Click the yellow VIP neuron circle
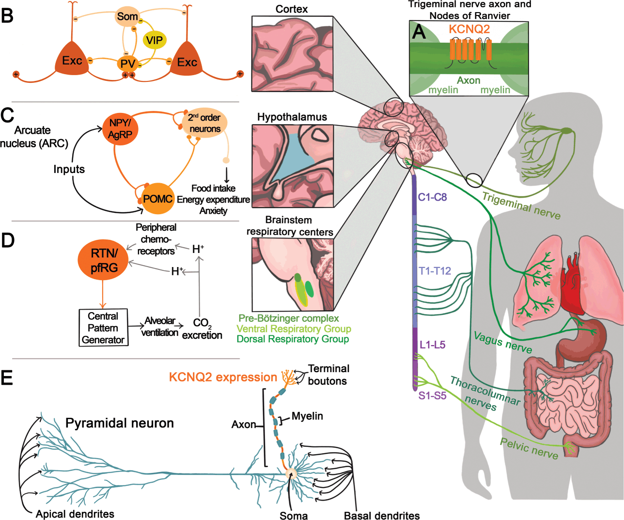pyautogui.click(x=155, y=40)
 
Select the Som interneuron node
pyautogui.click(x=127, y=16)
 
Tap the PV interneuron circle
pyautogui.click(x=128, y=63)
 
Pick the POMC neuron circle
pyautogui.click(x=157, y=199)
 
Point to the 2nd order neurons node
pyautogui.click(x=204, y=123)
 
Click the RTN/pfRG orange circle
pyautogui.click(x=104, y=260)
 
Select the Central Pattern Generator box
pyautogui.click(x=103, y=328)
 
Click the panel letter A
pyautogui.click(x=419, y=32)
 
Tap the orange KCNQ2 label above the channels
pyautogui.click(x=469, y=29)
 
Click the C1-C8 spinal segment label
pyautogui.click(x=432, y=197)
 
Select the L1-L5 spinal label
pyautogui.click(x=432, y=345)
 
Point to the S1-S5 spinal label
pyautogui.click(x=432, y=395)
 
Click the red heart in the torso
pyautogui.click(x=574, y=286)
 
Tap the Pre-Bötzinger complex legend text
pyautogui.click(x=288, y=318)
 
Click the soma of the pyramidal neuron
pyautogui.click(x=292, y=473)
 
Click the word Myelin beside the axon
pyautogui.click(x=307, y=416)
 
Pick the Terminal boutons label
pyautogui.click(x=328, y=375)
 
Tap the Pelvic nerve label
pyautogui.click(x=529, y=448)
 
